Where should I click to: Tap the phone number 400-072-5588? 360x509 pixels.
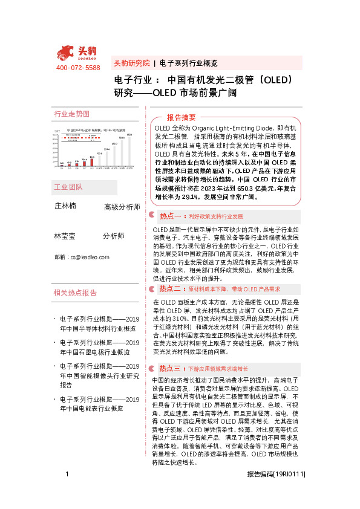[77, 68]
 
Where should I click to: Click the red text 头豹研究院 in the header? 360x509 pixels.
[131, 63]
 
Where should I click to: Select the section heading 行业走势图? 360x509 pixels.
[72, 114]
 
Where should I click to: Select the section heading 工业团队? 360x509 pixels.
[68, 187]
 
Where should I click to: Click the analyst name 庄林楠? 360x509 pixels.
[65, 206]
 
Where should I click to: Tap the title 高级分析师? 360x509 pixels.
[122, 207]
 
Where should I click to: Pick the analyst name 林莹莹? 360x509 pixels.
[65, 235]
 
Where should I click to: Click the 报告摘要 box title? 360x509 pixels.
[181, 117]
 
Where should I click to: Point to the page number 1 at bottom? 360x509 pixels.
[67, 491]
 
